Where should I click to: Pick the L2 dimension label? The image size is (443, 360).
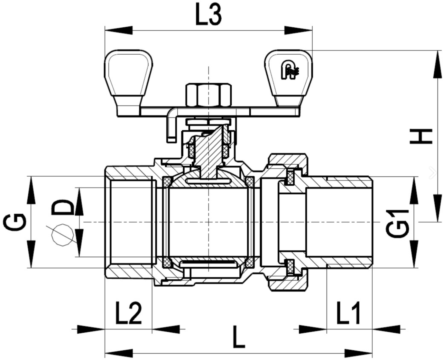128,313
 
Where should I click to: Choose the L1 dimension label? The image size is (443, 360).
349,313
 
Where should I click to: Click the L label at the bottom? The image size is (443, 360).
238,337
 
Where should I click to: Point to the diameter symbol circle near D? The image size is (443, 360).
62,235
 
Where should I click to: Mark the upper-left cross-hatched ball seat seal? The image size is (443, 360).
168,181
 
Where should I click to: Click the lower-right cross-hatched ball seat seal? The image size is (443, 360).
249,263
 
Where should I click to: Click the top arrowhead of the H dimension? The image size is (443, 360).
438,64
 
